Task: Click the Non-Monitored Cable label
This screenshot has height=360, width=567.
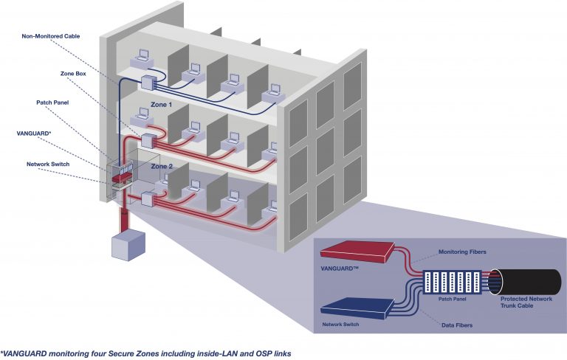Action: (51, 35)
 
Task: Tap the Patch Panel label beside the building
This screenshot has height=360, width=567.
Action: (53, 103)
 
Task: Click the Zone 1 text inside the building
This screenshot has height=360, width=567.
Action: (162, 105)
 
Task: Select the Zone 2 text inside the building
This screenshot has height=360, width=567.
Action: (162, 167)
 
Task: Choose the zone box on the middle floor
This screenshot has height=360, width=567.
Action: (151, 139)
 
